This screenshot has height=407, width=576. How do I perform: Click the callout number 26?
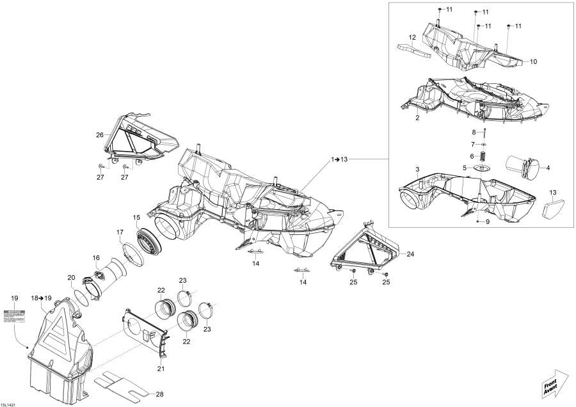(x=99, y=135)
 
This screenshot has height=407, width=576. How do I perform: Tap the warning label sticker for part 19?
(x=14, y=315)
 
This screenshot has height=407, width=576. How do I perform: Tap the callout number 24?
(x=410, y=254)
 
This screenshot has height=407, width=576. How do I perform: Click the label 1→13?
(x=340, y=158)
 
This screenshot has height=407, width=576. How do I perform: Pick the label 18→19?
(x=40, y=298)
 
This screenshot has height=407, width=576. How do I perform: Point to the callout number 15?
(x=136, y=218)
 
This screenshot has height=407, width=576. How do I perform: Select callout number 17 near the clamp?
(x=120, y=231)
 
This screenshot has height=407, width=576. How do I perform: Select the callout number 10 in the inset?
(x=533, y=61)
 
